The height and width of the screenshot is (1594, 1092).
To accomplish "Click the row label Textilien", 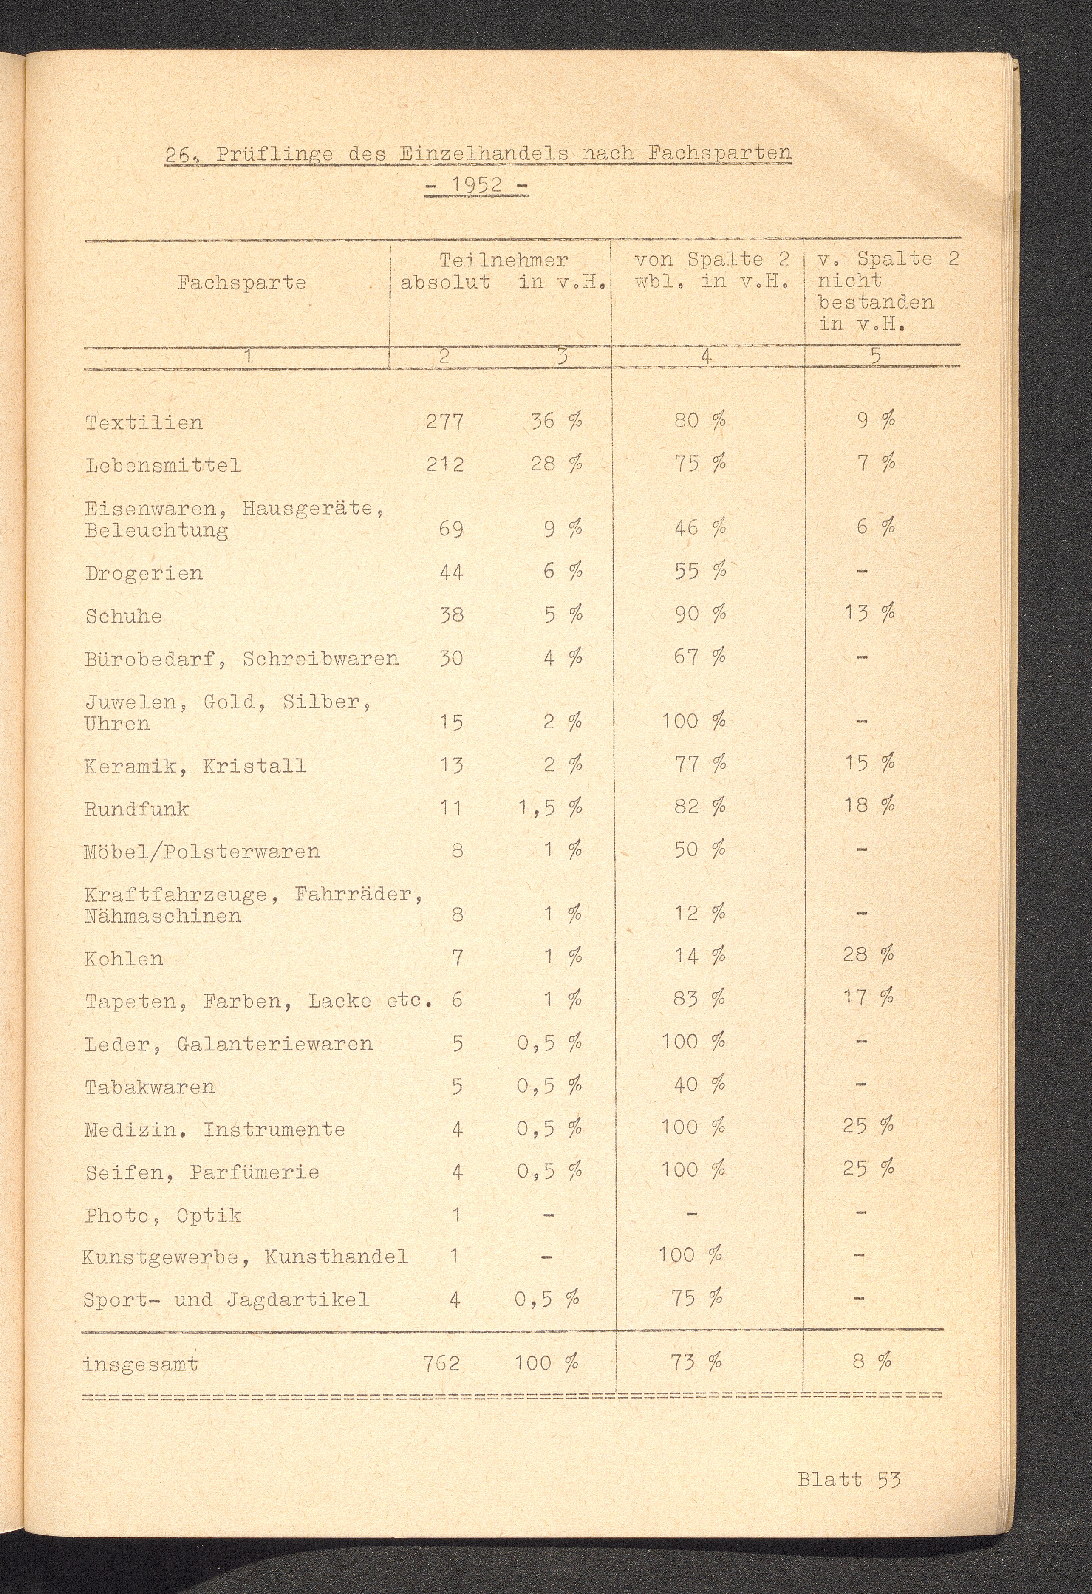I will [x=144, y=422].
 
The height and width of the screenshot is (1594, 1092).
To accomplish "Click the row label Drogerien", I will [x=144, y=573].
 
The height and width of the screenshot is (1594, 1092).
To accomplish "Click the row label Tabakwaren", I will [x=150, y=1087].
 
